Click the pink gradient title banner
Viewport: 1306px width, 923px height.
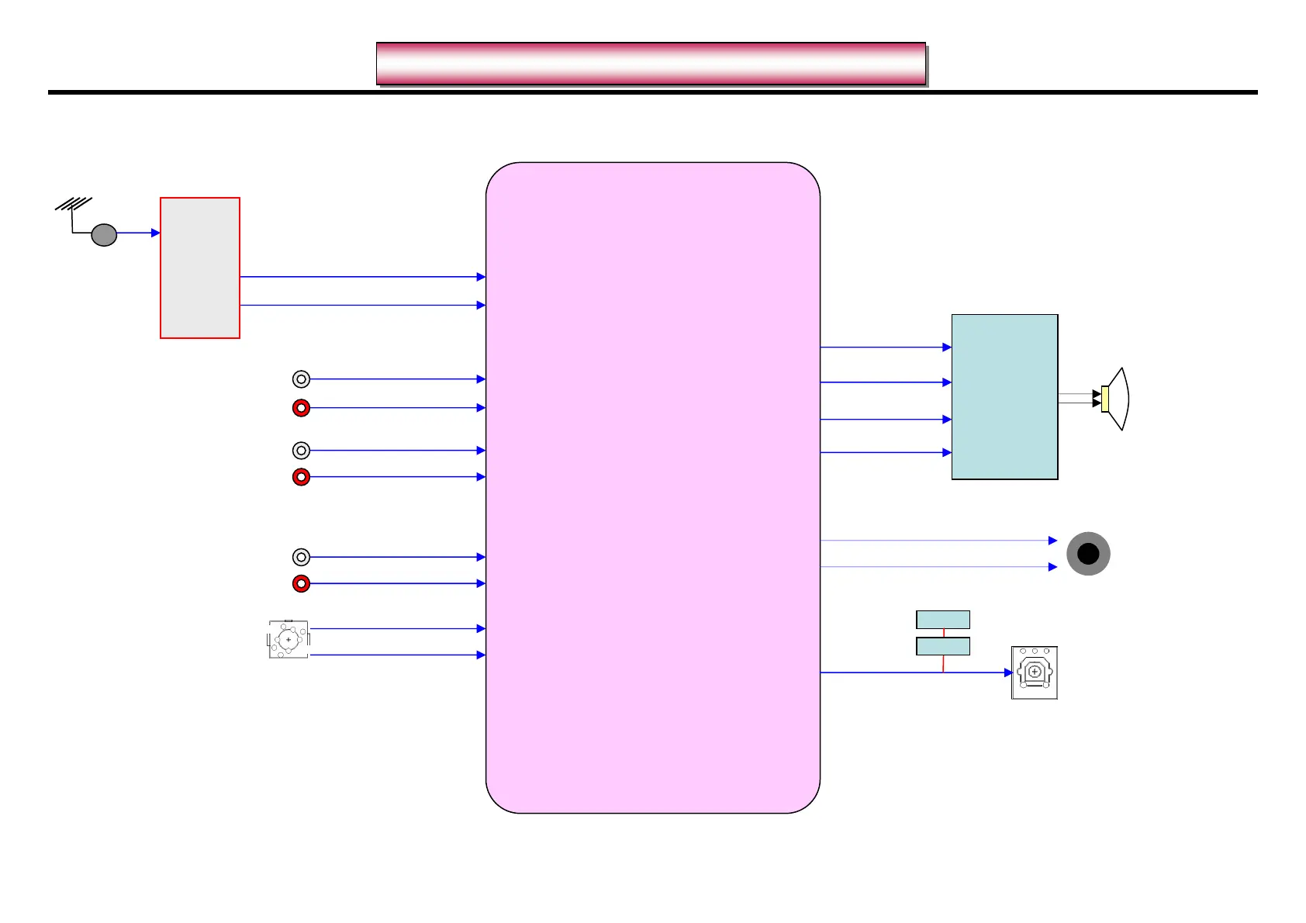651,64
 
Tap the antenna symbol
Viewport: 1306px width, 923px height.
73,206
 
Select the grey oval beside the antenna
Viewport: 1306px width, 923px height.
104,234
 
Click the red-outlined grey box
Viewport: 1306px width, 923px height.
200,268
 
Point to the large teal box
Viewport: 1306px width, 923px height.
1004,397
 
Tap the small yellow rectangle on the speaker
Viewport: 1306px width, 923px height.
1104,399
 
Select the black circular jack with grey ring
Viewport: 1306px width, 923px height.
1088,554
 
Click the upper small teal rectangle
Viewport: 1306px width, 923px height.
943,620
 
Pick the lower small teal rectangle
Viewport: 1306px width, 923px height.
943,646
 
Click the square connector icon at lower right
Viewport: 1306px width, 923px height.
1035,672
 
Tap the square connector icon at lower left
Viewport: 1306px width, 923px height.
288,640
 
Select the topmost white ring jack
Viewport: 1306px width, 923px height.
301,379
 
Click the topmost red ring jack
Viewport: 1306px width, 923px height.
301,408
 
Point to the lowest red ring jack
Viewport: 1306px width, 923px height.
301,583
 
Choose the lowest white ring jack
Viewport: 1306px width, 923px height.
301,557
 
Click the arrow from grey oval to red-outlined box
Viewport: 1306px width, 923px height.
139,233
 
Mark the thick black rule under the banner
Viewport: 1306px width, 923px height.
652,92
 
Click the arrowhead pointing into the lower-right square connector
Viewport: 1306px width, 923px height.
1008,672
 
